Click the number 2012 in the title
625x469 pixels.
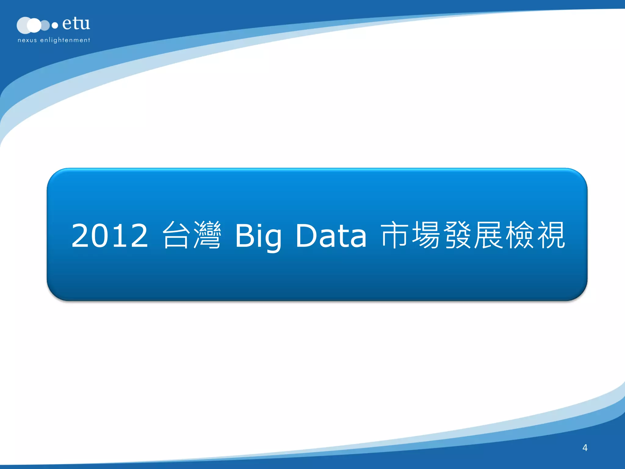110,235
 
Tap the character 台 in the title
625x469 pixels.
175,235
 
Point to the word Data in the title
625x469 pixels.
331,235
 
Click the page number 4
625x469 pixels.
585,448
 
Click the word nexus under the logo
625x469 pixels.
27,40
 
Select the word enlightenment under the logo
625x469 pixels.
65,40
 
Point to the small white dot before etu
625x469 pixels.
55,26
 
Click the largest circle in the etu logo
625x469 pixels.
24,25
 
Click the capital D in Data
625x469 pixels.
306,235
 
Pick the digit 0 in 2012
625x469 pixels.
100,235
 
